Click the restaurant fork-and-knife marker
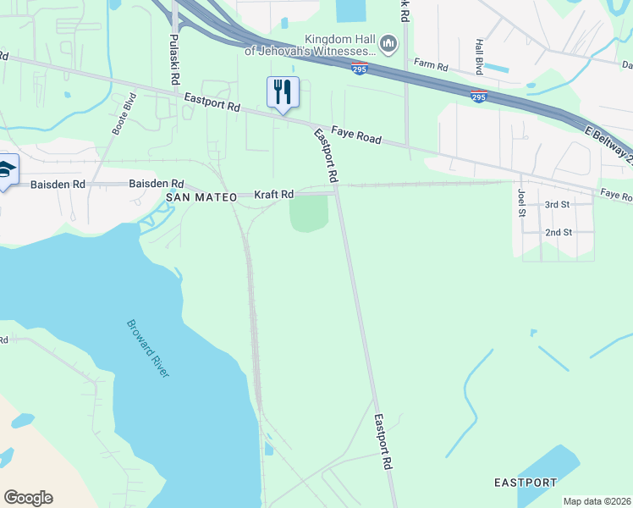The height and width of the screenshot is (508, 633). (283, 91)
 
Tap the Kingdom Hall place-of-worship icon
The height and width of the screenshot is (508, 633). (388, 42)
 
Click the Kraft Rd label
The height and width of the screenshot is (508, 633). (273, 195)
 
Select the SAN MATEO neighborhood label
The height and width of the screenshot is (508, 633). (200, 196)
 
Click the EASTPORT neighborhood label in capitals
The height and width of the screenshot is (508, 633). (526, 483)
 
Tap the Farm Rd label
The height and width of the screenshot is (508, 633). (429, 63)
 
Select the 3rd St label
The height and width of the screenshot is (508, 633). (558, 205)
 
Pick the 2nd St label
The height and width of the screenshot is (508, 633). (558, 232)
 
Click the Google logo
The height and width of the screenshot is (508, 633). (28, 498)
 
